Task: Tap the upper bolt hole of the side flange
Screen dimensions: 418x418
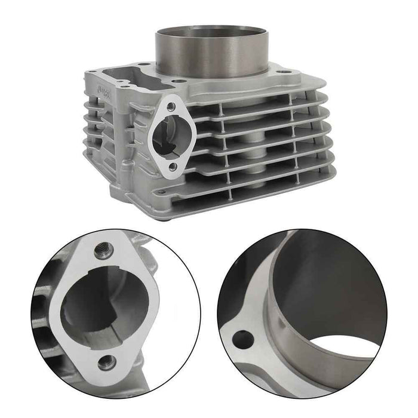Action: [171, 107]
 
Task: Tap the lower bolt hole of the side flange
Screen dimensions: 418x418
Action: [174, 166]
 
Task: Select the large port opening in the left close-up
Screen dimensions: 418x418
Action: [105, 305]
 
